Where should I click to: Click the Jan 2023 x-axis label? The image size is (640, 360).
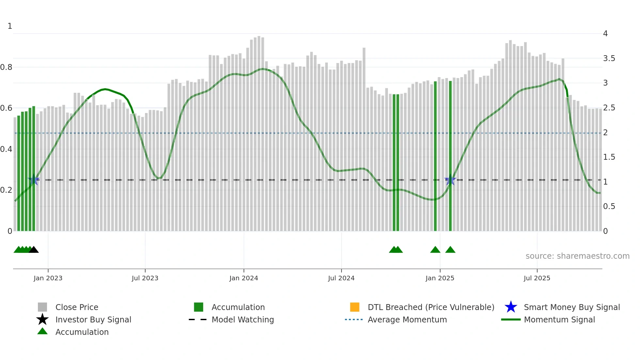48,278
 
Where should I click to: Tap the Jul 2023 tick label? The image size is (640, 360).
145,278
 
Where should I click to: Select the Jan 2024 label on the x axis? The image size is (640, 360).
244,278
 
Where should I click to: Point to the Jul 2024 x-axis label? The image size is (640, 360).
341,278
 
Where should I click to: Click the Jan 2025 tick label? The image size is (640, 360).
440,278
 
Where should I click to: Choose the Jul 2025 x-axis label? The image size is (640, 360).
537,278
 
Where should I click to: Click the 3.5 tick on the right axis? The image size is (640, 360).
609,58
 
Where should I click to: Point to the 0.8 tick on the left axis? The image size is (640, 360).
6,67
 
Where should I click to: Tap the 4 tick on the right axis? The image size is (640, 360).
605,34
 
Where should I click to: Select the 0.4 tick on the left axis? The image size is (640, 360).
6,149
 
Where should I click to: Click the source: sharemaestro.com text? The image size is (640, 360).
577,256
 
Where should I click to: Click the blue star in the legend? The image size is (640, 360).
511,307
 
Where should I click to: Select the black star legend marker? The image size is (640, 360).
42,319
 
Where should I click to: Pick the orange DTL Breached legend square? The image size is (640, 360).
355,307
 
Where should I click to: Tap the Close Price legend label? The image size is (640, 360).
77,307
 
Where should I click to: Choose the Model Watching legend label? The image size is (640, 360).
243,319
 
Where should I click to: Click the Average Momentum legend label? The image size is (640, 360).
407,319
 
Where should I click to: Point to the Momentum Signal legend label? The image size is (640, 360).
559,319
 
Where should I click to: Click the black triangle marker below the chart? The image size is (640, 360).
34,250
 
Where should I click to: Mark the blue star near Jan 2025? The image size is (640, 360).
450,180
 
